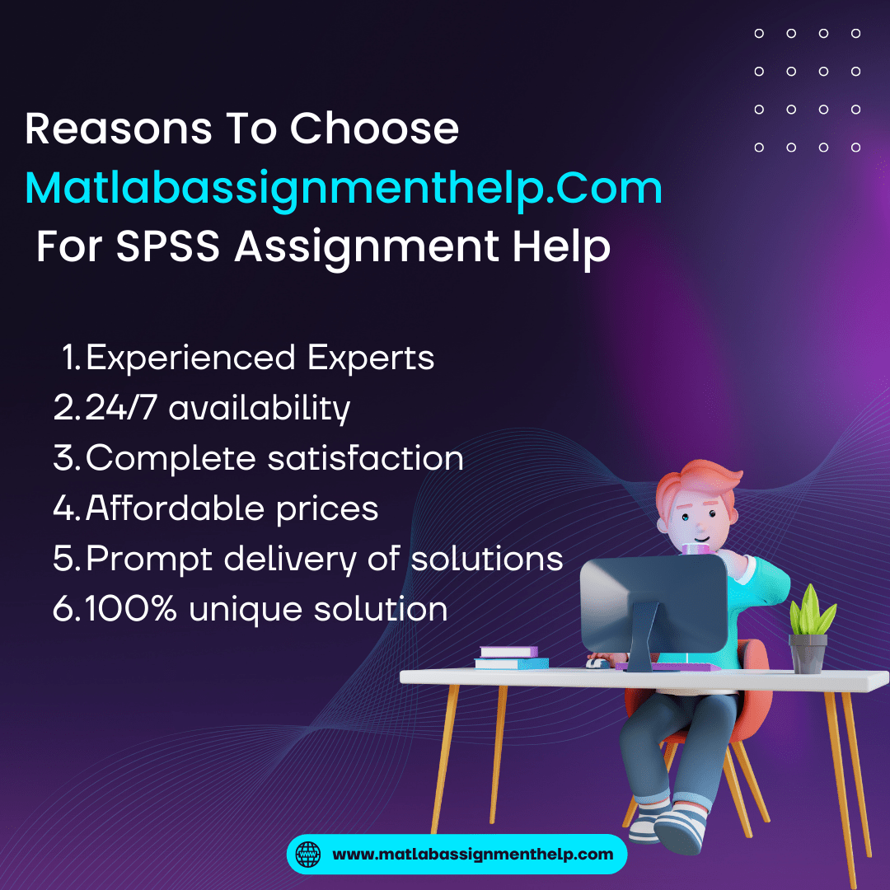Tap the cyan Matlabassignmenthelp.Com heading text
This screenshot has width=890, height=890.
pos(344,190)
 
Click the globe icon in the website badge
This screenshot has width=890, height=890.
pos(307,854)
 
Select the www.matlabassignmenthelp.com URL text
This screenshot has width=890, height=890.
pos(472,854)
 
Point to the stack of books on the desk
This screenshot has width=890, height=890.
pos(511,657)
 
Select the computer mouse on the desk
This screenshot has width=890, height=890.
pos(597,662)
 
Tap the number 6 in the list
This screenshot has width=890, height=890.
pos(62,609)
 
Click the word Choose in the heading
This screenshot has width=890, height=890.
pos(374,129)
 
